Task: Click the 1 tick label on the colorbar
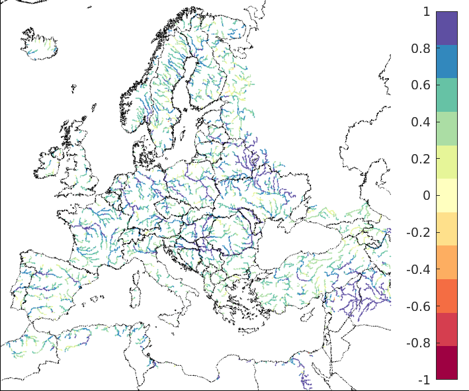[427, 11]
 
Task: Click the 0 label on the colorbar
[427, 196]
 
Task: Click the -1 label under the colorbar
[424, 380]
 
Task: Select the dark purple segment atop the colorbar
[447, 28]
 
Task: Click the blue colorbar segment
[447, 62]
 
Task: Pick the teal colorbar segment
[447, 95]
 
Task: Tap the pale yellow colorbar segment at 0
[447, 195]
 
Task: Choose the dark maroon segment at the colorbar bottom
[447, 363]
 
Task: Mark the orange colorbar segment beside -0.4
[447, 262]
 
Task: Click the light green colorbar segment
[447, 128]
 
